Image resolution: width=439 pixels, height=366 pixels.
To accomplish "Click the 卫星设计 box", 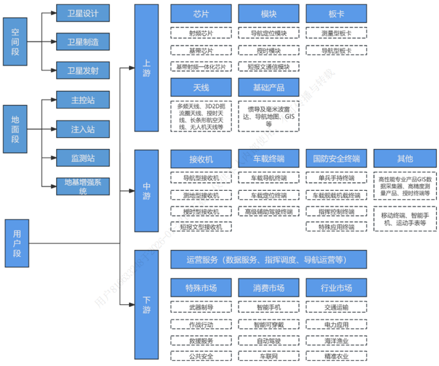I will click(83, 13).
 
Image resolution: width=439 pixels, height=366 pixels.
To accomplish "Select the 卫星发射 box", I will click(83, 71).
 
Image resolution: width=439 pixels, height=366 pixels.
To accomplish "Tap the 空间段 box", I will click(15, 42).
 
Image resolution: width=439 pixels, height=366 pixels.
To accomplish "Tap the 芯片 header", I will click(201, 14).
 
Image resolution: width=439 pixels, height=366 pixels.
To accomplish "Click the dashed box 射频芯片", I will click(201, 34).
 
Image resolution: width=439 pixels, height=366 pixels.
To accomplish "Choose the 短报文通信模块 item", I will click(268, 66).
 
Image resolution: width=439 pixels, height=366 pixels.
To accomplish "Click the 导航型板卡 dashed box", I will click(336, 51).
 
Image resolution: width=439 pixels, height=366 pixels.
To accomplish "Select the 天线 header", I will click(201, 87).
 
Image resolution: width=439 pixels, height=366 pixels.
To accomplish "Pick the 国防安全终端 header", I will click(336, 159).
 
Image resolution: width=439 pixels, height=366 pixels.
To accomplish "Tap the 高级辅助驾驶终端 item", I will click(268, 212).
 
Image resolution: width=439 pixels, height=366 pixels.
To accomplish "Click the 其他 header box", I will click(405, 159).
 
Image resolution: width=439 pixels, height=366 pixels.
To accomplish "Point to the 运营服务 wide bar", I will click(268, 260).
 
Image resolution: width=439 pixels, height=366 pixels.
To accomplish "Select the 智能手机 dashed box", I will click(268, 308).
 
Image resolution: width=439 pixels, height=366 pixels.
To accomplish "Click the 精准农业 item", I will click(336, 356).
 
